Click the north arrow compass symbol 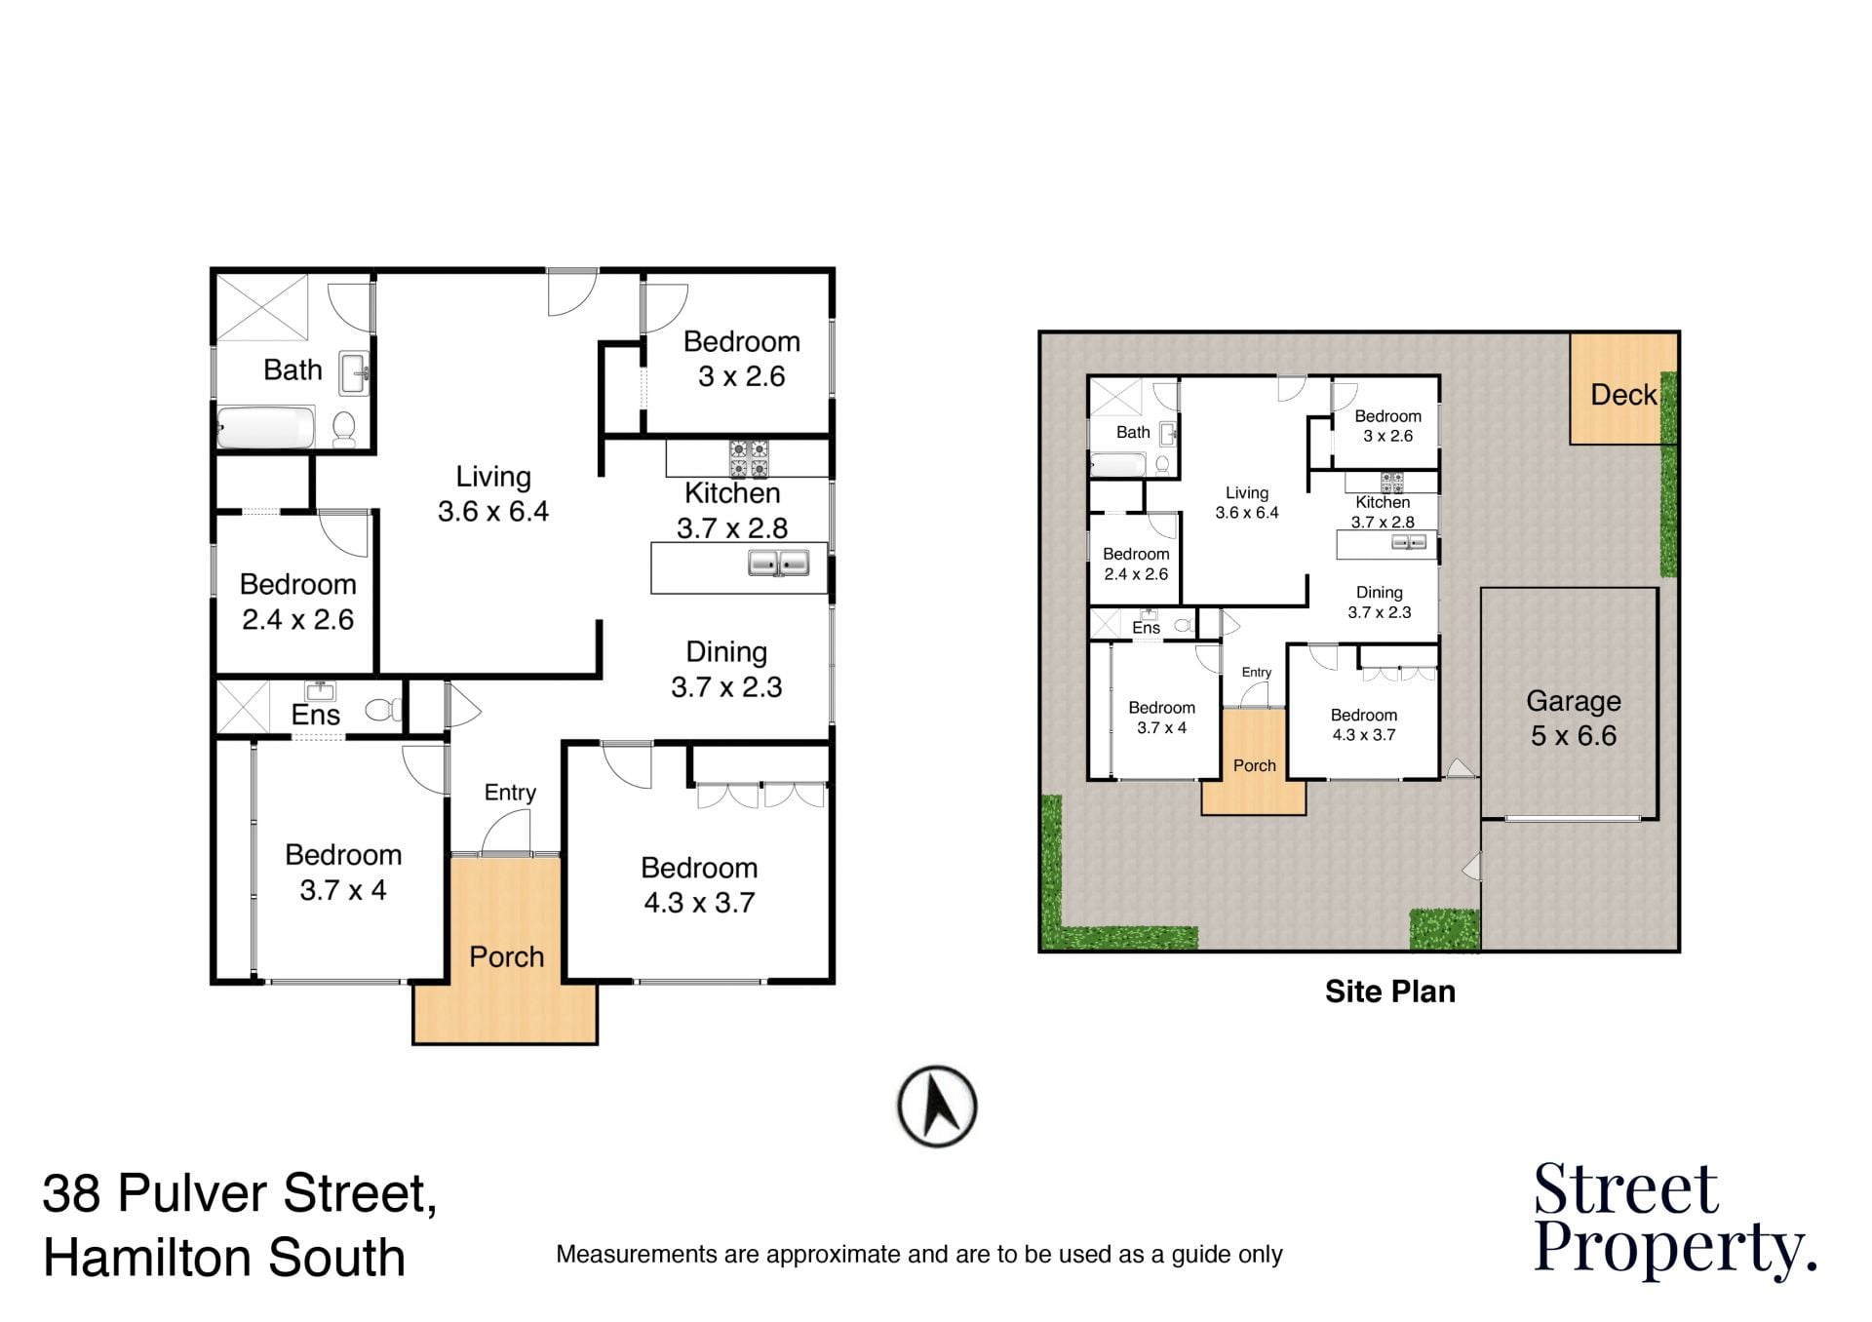[x=937, y=1107]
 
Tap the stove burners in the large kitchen [x=749, y=459]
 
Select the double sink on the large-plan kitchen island [x=778, y=564]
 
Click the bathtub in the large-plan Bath [x=265, y=428]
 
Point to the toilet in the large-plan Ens [x=383, y=709]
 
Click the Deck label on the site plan [x=1623, y=395]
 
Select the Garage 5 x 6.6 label [x=1574, y=719]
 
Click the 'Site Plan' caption [x=1389, y=991]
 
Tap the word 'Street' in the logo [x=1625, y=1189]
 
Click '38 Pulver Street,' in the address [x=240, y=1193]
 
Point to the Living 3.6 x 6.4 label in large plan [x=493, y=494]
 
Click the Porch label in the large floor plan [x=506, y=957]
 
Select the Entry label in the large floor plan [x=510, y=793]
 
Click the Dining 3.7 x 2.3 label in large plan [x=726, y=670]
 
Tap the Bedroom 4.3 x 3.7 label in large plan [x=699, y=885]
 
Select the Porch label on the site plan [x=1254, y=765]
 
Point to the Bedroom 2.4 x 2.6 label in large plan [x=297, y=603]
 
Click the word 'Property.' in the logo [x=1676, y=1250]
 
